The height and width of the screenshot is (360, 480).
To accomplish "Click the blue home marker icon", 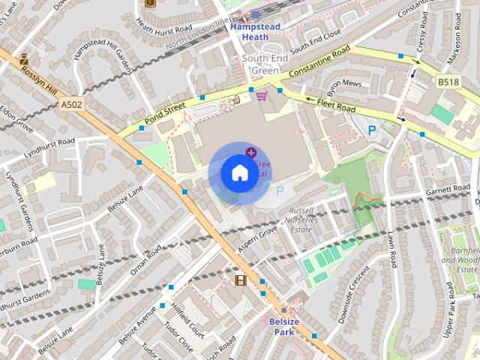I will click(x=238, y=173).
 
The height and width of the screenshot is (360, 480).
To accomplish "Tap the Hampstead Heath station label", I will click(x=254, y=31).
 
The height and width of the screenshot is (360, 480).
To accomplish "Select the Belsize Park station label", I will click(x=284, y=327).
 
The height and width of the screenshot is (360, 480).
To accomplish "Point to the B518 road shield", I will click(x=448, y=81).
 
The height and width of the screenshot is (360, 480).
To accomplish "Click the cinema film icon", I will click(x=240, y=280).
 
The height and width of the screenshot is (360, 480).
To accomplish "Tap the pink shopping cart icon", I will click(x=262, y=95).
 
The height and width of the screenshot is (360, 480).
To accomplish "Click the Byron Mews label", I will click(x=344, y=84).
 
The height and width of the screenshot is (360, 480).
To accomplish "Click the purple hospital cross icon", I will click(x=250, y=152).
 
